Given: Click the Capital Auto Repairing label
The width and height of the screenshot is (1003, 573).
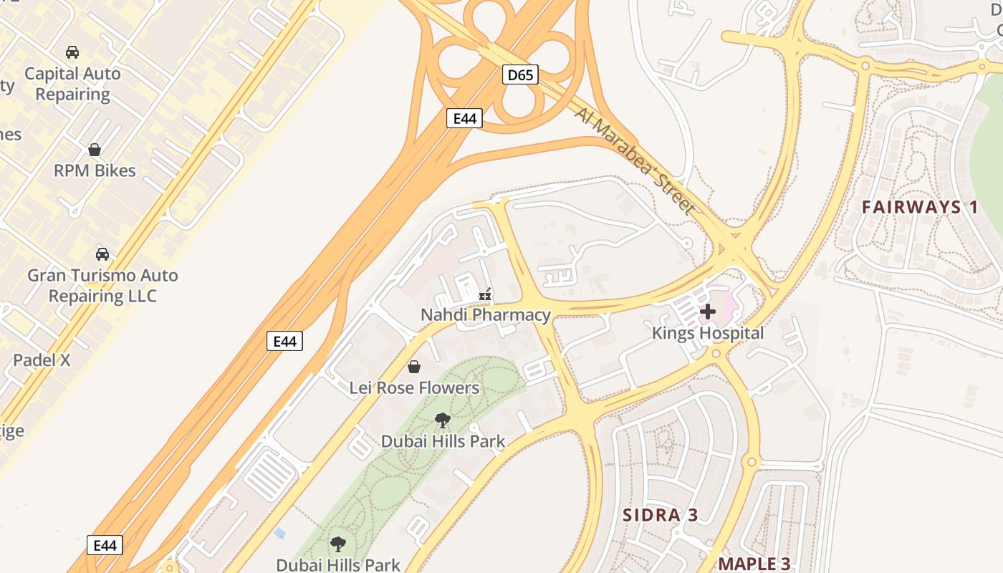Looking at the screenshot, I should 72,84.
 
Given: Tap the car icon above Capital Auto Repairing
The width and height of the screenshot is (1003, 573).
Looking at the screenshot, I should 72,52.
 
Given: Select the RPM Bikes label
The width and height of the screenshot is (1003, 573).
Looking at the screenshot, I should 95,170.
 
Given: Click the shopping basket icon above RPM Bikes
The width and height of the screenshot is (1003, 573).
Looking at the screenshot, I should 95,150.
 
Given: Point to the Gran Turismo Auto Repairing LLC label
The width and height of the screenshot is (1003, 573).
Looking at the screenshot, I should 102,285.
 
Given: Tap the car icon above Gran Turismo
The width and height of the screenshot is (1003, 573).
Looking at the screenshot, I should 102,254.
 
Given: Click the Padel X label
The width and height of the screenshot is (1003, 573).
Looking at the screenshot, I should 42,360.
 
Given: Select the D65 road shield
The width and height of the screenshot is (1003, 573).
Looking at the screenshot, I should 520,74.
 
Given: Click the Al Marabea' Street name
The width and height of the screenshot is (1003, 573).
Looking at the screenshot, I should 634,160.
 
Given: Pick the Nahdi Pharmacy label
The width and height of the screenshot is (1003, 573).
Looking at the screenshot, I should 485,314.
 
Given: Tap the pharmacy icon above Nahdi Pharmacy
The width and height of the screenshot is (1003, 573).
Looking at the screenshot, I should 485,294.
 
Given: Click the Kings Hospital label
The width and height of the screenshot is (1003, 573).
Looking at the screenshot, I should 708,333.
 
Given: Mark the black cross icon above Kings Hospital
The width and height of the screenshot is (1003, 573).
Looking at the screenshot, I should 708,312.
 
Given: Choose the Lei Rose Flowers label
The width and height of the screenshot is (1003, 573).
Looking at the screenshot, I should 414,387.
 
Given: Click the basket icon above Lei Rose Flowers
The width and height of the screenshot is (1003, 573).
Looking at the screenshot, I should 414,367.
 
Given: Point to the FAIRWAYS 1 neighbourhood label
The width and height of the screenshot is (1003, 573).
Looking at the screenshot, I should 920,208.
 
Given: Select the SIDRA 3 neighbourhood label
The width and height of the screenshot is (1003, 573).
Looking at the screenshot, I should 660,515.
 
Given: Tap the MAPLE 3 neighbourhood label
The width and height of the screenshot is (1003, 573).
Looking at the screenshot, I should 754,564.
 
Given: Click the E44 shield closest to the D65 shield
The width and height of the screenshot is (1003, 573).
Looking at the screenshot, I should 464,118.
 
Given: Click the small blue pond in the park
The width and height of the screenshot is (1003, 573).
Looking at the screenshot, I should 279,534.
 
